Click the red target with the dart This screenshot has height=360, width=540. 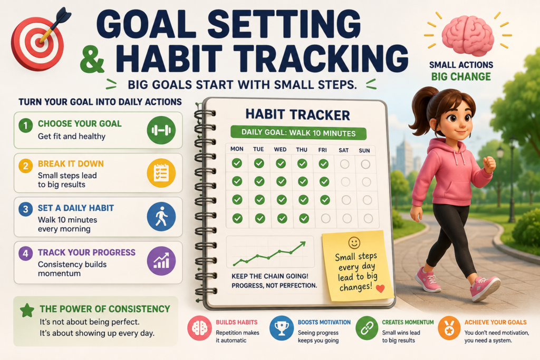[37, 43]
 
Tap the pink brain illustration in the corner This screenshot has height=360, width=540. [468, 36]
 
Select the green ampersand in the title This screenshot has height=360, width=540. [92, 60]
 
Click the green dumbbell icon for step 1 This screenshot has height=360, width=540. [161, 130]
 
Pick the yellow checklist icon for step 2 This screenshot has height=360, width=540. [161, 173]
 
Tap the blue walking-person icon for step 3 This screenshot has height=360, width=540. [161, 217]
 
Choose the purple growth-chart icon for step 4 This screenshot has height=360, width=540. [161, 261]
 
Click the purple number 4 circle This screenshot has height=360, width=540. [25, 254]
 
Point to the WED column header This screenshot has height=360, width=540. [280, 149]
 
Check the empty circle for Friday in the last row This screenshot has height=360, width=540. [325, 218]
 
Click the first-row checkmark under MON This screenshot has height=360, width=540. [237, 163]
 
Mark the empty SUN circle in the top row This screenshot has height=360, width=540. [365, 164]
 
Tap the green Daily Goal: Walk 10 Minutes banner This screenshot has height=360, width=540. [298, 133]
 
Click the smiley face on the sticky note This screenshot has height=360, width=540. [354, 242]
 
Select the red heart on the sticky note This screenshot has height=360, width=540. [380, 288]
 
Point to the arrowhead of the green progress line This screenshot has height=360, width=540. [303, 244]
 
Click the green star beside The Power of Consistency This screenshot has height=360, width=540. [27, 310]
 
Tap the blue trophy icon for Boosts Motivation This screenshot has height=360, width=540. [282, 328]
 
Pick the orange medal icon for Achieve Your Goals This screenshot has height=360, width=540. [449, 328]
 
